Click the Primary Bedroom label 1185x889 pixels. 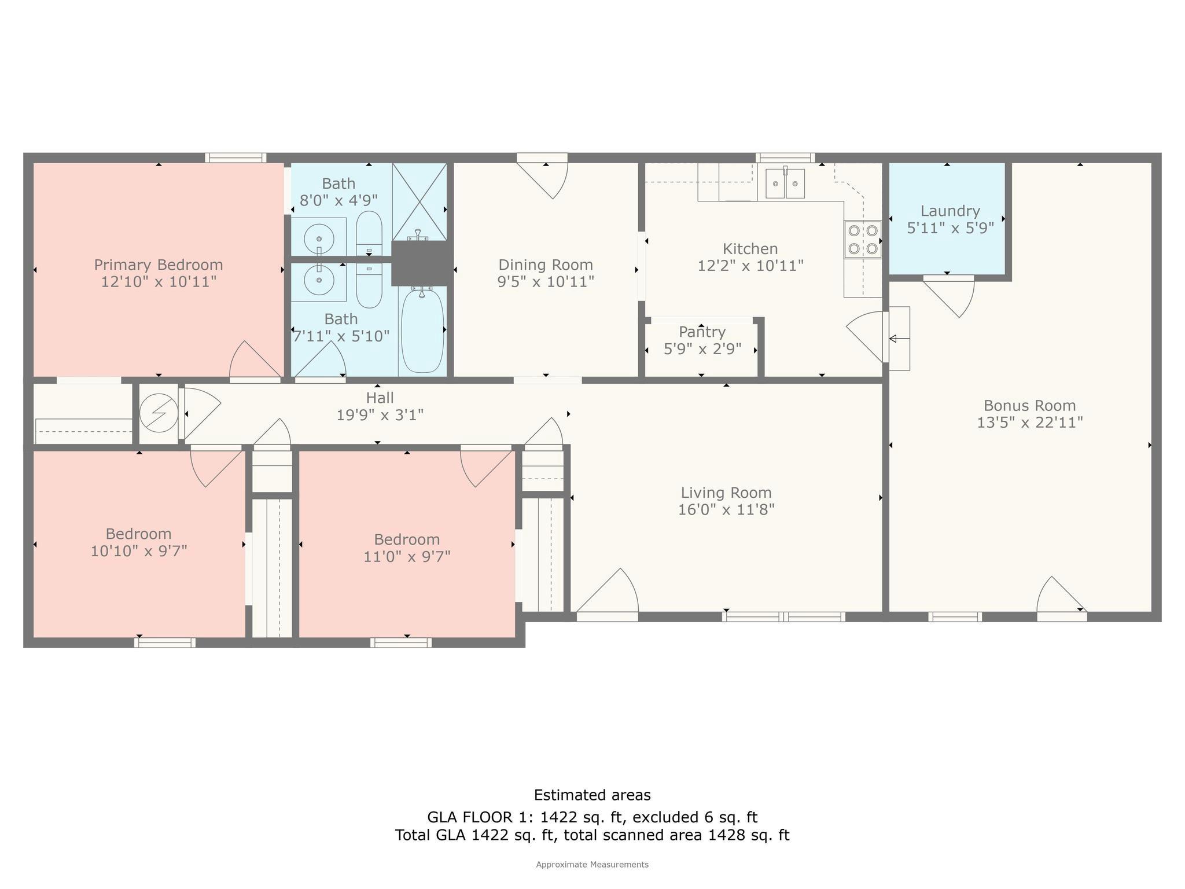[159, 265]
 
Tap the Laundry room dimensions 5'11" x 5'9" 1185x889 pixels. [950, 228]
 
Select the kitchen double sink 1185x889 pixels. [785, 183]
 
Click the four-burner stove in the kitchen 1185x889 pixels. [863, 240]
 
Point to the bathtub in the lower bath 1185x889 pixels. [422, 331]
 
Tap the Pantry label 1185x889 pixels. [702, 332]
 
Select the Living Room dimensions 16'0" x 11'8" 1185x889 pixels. [726, 510]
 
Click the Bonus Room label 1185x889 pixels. [1029, 406]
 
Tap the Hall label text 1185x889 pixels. [380, 398]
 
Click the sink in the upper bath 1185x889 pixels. [318, 237]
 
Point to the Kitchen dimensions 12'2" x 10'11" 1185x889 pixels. [750, 266]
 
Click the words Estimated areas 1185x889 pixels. [592, 795]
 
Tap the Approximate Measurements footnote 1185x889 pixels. [592, 865]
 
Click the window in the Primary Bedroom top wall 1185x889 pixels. [235, 157]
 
